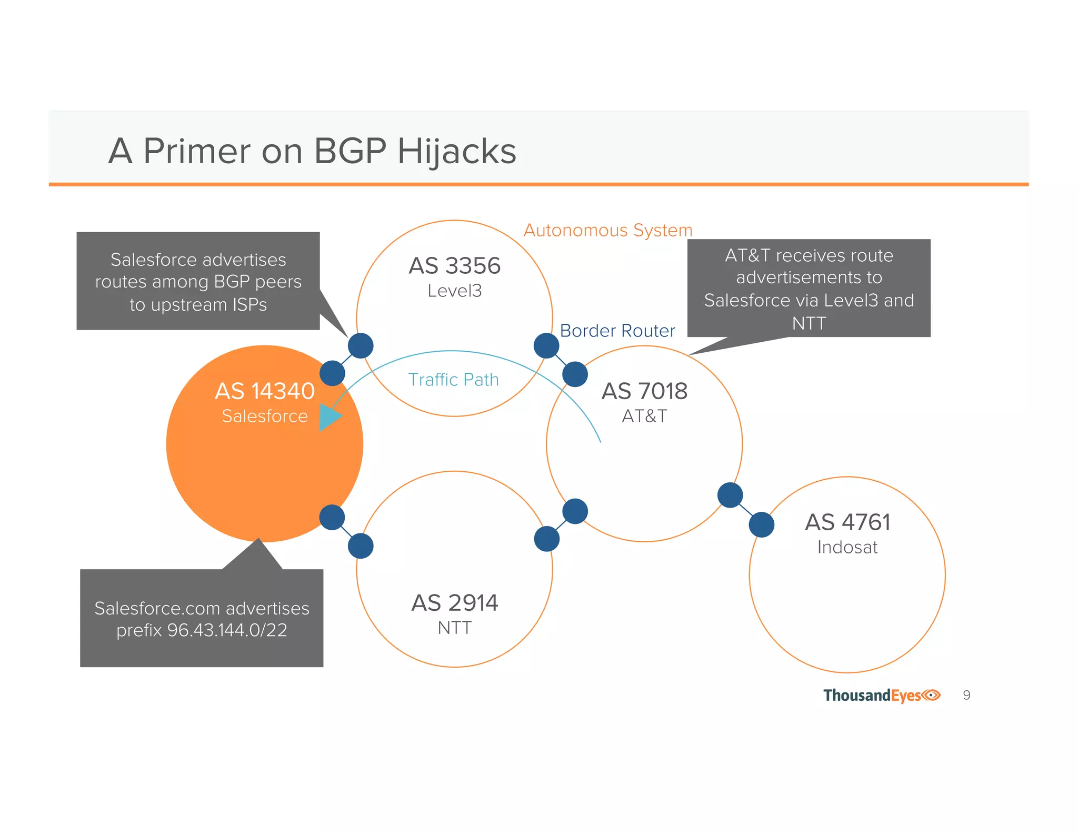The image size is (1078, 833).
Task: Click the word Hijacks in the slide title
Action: click(456, 151)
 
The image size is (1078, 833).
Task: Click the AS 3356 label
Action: click(454, 266)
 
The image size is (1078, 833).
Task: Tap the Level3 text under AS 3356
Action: click(454, 291)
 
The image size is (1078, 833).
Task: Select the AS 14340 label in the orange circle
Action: click(264, 391)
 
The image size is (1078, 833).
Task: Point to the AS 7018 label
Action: click(644, 391)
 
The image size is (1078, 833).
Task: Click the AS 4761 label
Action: click(847, 522)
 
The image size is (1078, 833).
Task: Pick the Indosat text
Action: click(847, 548)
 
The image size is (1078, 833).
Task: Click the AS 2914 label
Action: click(454, 603)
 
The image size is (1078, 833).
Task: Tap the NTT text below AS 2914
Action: click(454, 628)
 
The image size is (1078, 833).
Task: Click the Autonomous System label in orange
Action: click(607, 230)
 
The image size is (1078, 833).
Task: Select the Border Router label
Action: click(617, 331)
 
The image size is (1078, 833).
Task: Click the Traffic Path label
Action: click(453, 380)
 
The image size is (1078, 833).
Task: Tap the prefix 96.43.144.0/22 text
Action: click(202, 630)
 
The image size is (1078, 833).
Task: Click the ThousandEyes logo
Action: click(882, 696)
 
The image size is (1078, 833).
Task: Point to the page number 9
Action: click(966, 695)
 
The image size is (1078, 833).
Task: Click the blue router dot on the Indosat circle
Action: click(761, 524)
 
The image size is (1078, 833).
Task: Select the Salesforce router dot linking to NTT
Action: click(332, 517)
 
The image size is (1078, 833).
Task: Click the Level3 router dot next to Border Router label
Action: click(546, 346)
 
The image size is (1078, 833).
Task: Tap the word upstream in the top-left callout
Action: click(189, 305)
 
